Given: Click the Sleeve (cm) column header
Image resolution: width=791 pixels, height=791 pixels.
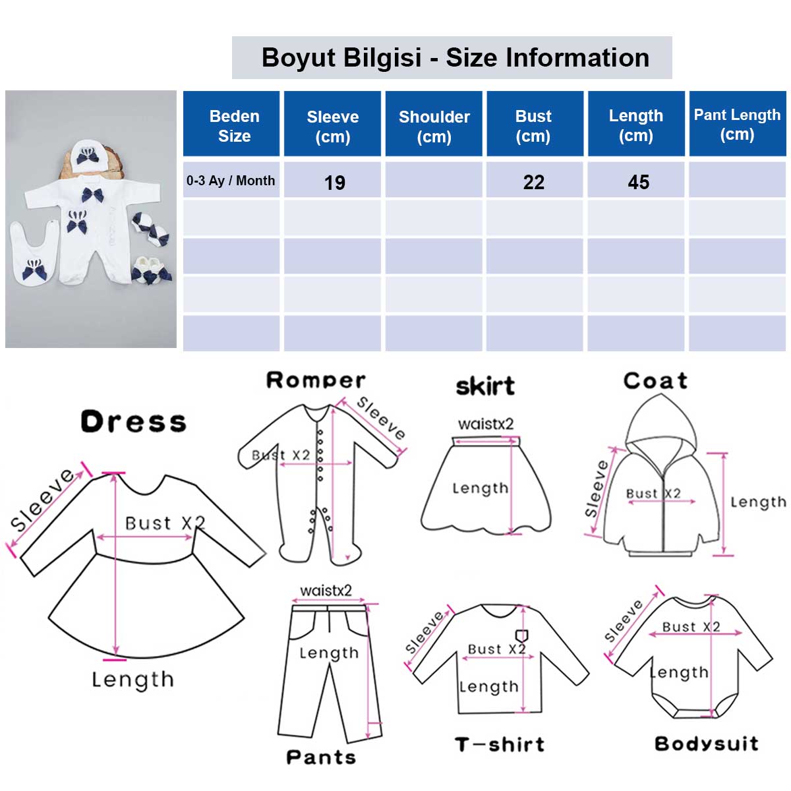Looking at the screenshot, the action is pos(332,123).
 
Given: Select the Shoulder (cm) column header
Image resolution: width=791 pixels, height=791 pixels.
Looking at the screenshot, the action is pos(434,123).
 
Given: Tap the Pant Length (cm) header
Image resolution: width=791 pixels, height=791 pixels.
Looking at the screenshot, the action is pos(737,123).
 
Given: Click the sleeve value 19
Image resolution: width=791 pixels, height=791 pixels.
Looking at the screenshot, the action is pos(335,183).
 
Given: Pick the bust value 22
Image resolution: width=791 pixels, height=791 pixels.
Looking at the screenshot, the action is pos(534,182).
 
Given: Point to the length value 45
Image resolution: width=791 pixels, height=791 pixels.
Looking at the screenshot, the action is pos(638,182).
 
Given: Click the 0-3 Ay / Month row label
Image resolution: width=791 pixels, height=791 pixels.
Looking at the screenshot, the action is pos(231,181).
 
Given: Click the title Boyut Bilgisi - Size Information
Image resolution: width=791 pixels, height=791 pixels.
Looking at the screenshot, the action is pos(455,57).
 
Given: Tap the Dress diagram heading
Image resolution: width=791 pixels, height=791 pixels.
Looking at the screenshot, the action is pos(133,422).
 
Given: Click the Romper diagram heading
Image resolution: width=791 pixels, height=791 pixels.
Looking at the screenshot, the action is pos(316,380).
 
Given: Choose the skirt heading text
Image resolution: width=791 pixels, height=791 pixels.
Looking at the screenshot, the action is pos(485,386).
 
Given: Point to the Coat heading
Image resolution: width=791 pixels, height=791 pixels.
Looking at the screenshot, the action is pos(655,380).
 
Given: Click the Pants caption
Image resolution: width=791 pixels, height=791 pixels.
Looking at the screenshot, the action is pos(321,757).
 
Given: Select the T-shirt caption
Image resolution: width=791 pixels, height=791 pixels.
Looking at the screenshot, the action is pos(500,744).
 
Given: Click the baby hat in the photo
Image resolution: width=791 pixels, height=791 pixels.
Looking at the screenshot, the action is pos(88,153).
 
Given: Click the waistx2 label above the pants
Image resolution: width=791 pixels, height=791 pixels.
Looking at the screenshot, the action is pos(326,591).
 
